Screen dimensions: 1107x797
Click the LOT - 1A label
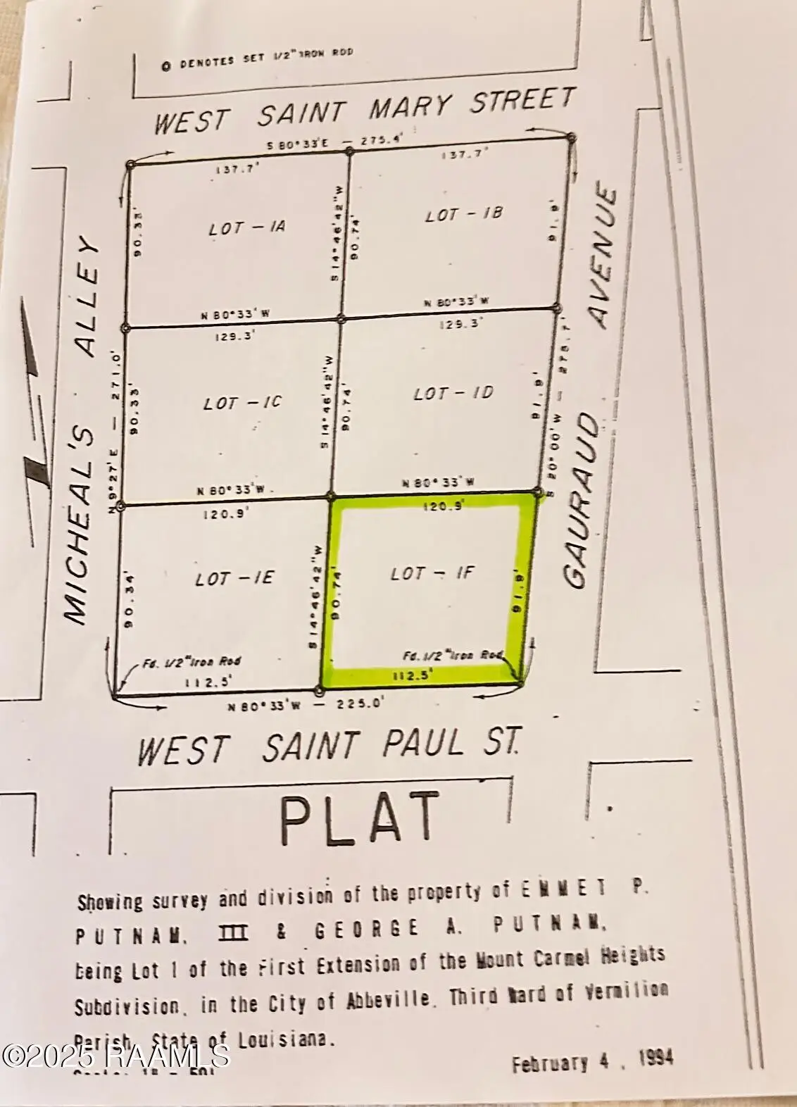tap(246, 228)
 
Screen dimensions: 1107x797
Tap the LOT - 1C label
tap(242, 403)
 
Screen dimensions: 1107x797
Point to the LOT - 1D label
tap(453, 393)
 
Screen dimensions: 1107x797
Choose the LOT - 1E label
tap(235, 579)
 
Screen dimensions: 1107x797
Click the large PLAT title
tap(360, 818)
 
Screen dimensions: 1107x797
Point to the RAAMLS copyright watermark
tap(115, 1054)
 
